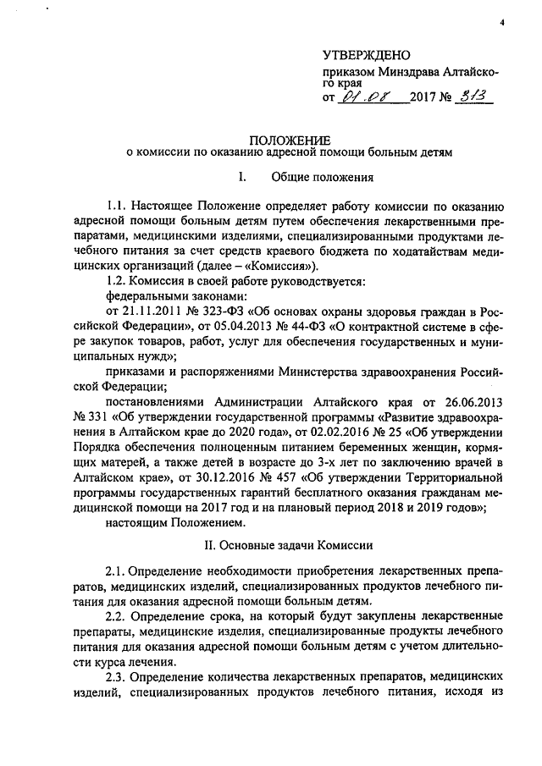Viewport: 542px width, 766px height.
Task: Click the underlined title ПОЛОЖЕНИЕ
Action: point(284,139)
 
